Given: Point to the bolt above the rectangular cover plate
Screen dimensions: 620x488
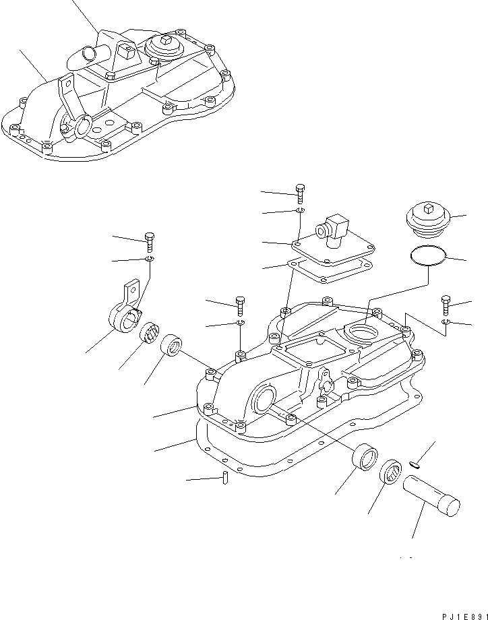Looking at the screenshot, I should pyautogui.click(x=300, y=193).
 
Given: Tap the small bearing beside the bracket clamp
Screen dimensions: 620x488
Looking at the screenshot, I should pyautogui.click(x=149, y=333).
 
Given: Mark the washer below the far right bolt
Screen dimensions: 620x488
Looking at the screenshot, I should pyautogui.click(x=446, y=323).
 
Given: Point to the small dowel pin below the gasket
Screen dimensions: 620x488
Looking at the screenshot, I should pyautogui.click(x=226, y=478).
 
